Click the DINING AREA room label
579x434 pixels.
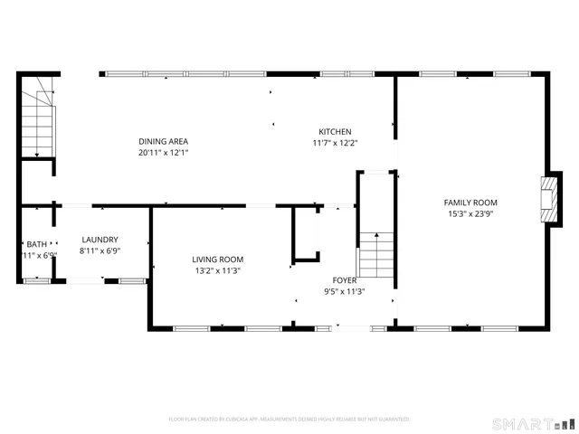pyautogui.click(x=163, y=141)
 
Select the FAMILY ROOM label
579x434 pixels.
pyautogui.click(x=470, y=203)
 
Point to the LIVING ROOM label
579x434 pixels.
pyautogui.click(x=218, y=259)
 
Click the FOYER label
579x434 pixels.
pyautogui.click(x=344, y=280)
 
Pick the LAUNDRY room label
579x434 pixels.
pyautogui.click(x=100, y=240)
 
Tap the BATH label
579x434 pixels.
pyautogui.click(x=36, y=244)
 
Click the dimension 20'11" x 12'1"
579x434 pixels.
pyautogui.click(x=163, y=153)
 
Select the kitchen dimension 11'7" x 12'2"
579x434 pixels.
pyautogui.click(x=335, y=143)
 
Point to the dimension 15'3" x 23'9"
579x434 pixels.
pyautogui.click(x=470, y=214)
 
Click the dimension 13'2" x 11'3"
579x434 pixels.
pyautogui.click(x=218, y=270)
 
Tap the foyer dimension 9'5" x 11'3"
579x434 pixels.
pyautogui.click(x=344, y=292)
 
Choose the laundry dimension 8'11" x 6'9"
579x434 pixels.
pyautogui.click(x=100, y=251)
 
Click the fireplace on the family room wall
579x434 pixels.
pyautogui.click(x=546, y=197)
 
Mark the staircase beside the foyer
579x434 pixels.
pyautogui.click(x=376, y=255)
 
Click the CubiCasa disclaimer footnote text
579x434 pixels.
pyautogui.click(x=289, y=420)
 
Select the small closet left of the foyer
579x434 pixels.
pyautogui.click(x=305, y=235)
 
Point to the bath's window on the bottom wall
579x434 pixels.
pyautogui.click(x=36, y=281)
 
